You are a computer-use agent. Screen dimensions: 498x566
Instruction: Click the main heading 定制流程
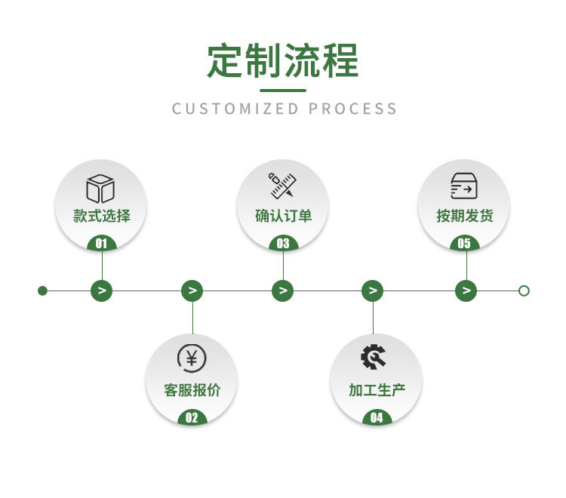tap(283, 61)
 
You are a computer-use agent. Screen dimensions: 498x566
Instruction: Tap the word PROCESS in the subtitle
tap(352, 109)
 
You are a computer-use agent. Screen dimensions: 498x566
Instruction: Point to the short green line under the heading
tap(283, 91)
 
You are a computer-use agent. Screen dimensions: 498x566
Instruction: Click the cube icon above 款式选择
tap(100, 188)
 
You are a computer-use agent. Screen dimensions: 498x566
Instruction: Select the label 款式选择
tap(102, 216)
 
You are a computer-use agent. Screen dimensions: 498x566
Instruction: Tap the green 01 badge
tap(102, 244)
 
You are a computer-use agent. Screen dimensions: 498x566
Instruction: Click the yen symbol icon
tap(192, 358)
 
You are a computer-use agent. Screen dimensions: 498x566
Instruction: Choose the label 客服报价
tap(192, 390)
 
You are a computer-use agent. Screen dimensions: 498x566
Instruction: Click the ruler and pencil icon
tap(283, 186)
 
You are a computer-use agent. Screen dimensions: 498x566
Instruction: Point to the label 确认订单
tap(283, 216)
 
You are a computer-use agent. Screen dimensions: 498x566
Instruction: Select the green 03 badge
tap(283, 244)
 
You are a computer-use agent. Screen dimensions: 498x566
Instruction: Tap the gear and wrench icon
tap(374, 356)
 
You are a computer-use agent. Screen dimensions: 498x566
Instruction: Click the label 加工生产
tap(377, 390)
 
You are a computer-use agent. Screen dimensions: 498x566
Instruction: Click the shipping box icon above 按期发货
tap(463, 186)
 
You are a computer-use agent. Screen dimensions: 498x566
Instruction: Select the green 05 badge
tap(464, 244)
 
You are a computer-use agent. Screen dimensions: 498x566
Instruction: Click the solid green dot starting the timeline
tap(42, 290)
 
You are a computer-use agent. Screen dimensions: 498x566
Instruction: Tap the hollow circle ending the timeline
tap(524, 290)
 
